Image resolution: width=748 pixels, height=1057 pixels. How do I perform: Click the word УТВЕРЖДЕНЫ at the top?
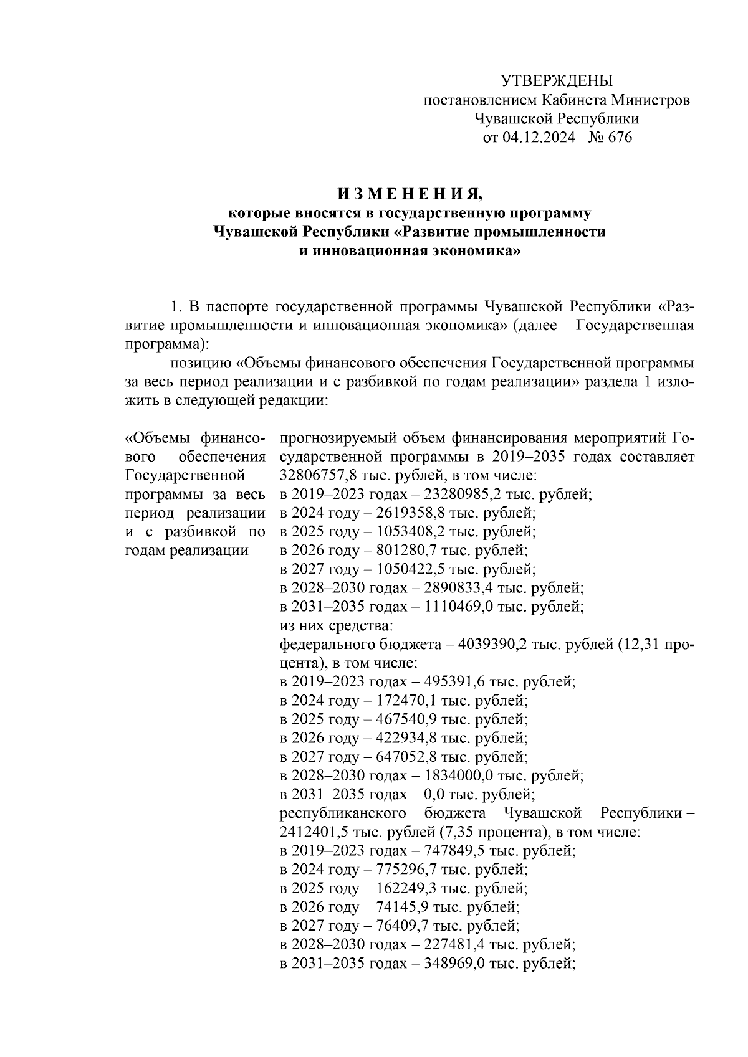(x=557, y=80)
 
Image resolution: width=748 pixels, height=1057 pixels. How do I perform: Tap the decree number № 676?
(x=610, y=138)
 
